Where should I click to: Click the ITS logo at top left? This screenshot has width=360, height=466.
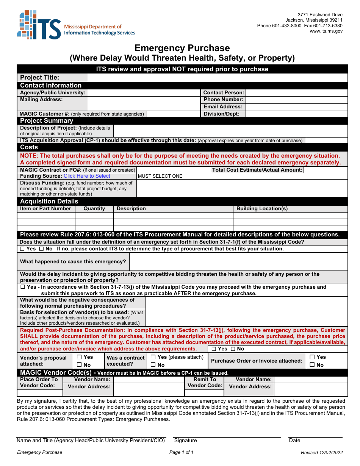39,25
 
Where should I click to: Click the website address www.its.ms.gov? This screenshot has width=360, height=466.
326,31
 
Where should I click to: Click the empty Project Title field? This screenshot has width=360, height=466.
218,78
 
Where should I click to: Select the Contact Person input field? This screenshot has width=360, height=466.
296,92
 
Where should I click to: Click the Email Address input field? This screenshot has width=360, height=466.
296,107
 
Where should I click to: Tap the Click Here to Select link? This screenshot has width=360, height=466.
87,176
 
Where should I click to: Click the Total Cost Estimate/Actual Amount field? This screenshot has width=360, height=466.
326,170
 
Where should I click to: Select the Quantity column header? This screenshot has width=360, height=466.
94,209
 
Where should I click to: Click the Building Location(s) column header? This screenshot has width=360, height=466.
262,209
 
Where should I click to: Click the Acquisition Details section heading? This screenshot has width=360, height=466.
49,201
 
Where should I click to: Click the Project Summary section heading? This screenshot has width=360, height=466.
47,120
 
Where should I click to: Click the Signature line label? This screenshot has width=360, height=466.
185,440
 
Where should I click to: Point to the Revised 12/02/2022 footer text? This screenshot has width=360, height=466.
321,452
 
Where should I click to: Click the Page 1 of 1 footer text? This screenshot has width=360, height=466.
181,452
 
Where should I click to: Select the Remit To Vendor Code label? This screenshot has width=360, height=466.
205,382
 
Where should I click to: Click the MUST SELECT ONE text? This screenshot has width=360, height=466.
160,176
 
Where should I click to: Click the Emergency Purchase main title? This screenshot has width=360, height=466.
182,48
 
